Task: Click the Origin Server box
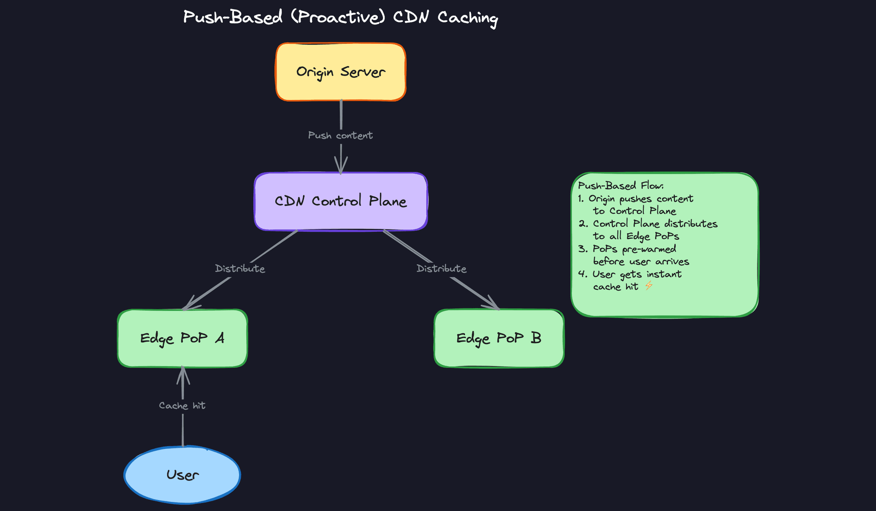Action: click(x=340, y=72)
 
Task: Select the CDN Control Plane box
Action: click(x=340, y=201)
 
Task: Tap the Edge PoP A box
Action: click(x=182, y=338)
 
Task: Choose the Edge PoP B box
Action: click(x=499, y=338)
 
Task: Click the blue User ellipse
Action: click(x=182, y=475)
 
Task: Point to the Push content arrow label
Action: click(x=340, y=136)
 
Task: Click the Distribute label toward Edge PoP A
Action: click(x=240, y=269)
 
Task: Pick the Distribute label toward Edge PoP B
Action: click(x=441, y=269)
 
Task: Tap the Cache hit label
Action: click(x=182, y=406)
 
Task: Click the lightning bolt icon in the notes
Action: click(x=649, y=286)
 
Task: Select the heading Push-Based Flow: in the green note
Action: click(x=620, y=186)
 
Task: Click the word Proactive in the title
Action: click(x=338, y=17)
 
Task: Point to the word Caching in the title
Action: click(x=468, y=18)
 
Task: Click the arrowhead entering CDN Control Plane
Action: click(x=340, y=167)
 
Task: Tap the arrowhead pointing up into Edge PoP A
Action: click(x=183, y=373)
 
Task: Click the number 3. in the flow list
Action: click(x=583, y=249)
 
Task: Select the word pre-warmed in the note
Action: click(x=649, y=250)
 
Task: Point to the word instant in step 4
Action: click(x=664, y=274)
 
